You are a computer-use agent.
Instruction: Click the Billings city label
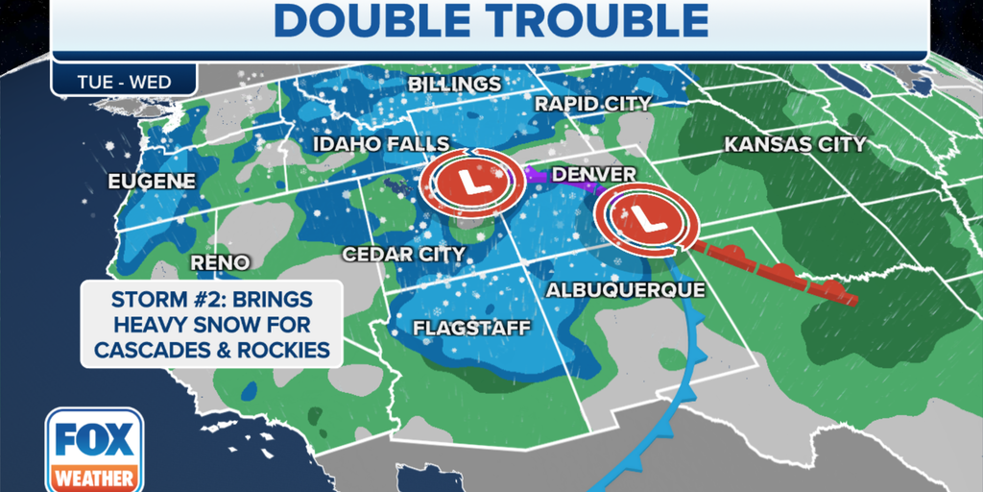click(454, 85)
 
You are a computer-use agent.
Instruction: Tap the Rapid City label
click(592, 103)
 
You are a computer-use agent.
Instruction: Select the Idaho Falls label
click(380, 144)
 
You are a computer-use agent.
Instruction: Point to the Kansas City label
click(795, 145)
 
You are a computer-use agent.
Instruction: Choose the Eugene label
click(152, 181)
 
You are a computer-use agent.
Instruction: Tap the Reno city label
click(220, 262)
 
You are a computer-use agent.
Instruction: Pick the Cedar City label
click(404, 255)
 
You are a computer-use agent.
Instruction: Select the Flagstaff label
click(471, 329)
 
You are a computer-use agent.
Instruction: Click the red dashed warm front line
click(778, 274)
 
